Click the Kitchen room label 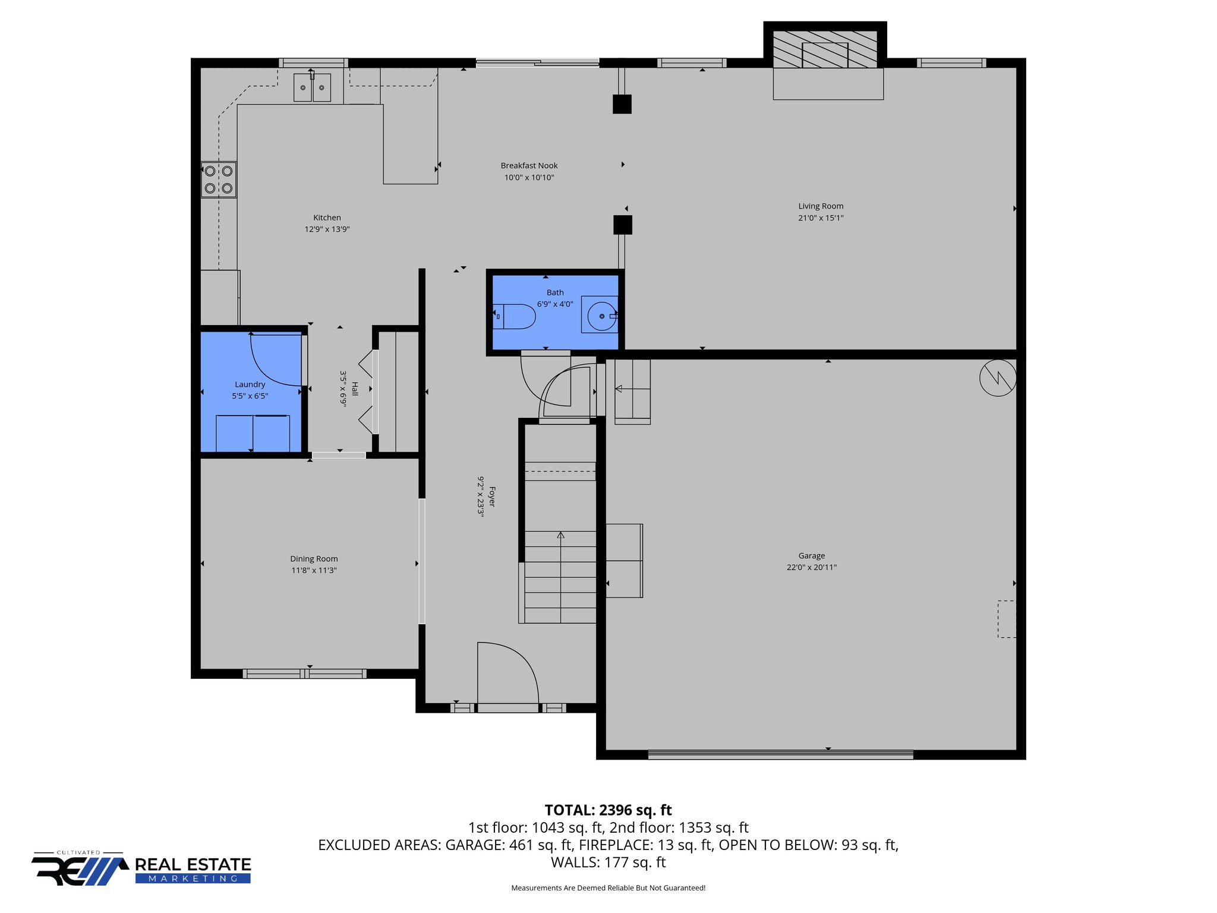327,218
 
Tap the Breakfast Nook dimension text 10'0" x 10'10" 529,177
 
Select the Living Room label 821,206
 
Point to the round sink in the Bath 601,316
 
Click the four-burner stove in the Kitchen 219,180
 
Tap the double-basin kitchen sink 312,87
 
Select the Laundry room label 250,385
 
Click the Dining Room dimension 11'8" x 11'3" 314,570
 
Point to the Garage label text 811,556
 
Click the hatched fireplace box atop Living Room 825,49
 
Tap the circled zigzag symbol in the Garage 998,378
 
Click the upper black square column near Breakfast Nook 622,104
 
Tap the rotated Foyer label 492,496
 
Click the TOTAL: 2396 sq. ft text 608,810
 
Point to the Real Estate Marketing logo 141,869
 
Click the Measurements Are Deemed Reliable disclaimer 608,888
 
